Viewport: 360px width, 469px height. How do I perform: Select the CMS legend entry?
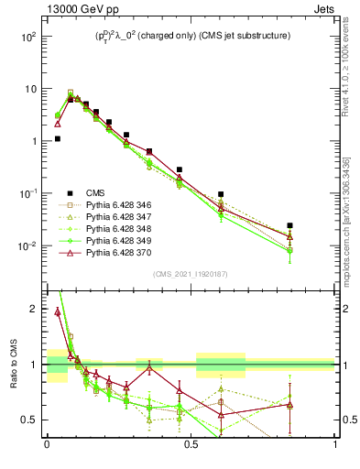(95, 192)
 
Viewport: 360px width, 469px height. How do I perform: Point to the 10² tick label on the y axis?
(28, 37)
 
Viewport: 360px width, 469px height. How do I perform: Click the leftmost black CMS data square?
(57, 139)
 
